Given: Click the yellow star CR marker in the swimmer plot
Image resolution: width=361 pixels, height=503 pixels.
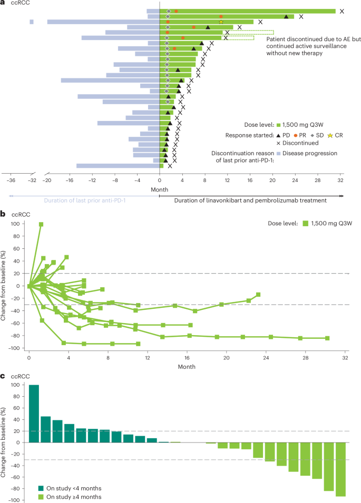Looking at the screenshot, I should [221, 22].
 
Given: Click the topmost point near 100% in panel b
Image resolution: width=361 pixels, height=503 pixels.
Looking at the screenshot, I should [41, 209].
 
